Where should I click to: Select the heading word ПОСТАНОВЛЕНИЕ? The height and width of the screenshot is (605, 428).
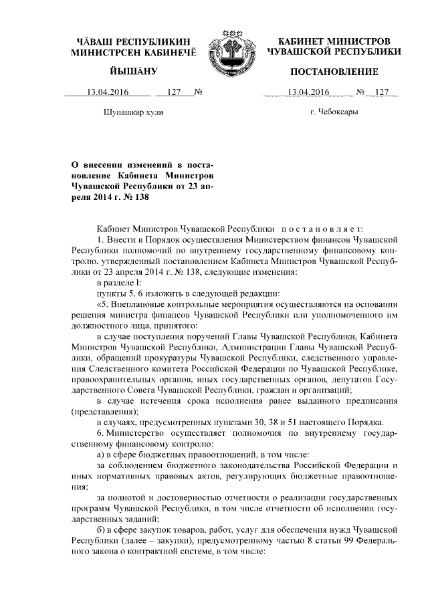pos(333,72)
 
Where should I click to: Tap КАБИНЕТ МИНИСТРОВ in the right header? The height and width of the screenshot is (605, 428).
pos(333,41)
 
